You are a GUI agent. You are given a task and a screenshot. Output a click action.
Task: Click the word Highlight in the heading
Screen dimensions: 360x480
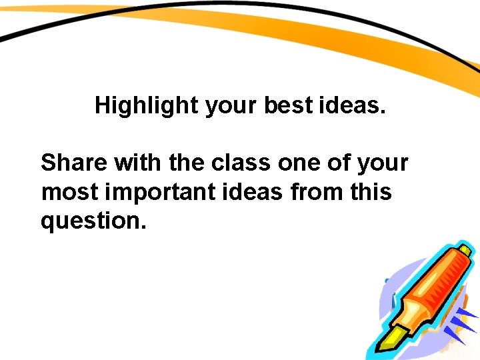[147, 105]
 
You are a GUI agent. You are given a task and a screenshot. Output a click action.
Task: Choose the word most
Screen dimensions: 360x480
[69, 192]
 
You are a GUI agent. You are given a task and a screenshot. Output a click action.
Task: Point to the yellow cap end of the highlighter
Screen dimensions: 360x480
[467, 251]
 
